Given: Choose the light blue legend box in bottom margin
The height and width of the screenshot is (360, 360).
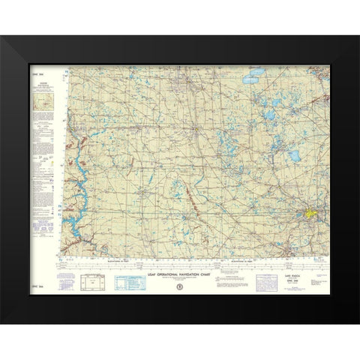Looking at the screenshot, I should [129, 281].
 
